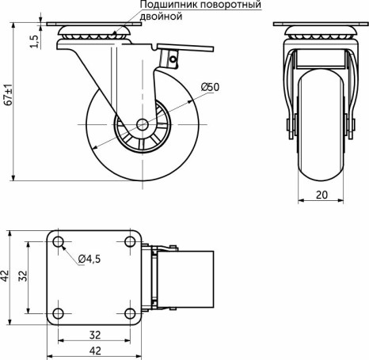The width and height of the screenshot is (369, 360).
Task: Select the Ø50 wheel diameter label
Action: coord(210,86)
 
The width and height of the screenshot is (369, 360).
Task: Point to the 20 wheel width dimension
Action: coord(321,193)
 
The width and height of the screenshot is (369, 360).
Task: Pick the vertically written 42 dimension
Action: coord(6,275)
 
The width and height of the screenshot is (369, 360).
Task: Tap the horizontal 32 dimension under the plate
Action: coord(95,333)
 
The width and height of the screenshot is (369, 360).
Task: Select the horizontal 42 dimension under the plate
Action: coord(95,349)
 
